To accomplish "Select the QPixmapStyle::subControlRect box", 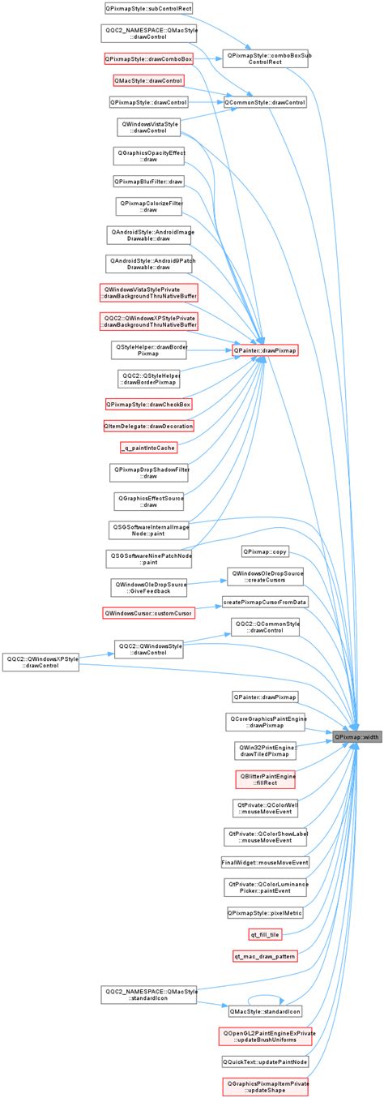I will [x=148, y=9].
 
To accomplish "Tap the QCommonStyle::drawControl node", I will [x=266, y=103].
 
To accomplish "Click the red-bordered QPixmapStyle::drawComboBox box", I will [x=148, y=59].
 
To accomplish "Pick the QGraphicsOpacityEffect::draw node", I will [x=148, y=155].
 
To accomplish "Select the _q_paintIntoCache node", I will [x=148, y=447].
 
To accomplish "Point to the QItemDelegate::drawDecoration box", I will [x=148, y=425].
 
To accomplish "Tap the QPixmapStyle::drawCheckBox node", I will [x=148, y=404].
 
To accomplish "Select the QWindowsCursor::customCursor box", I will [x=148, y=613].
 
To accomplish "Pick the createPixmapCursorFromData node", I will [x=266, y=603].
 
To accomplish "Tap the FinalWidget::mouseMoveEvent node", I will [x=266, y=861].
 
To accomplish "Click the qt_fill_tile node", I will [x=266, y=935].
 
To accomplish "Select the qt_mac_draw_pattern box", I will [x=266, y=957].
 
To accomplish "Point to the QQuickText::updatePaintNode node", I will [x=266, y=1061].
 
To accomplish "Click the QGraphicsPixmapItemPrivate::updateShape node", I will [x=266, y=1087].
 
